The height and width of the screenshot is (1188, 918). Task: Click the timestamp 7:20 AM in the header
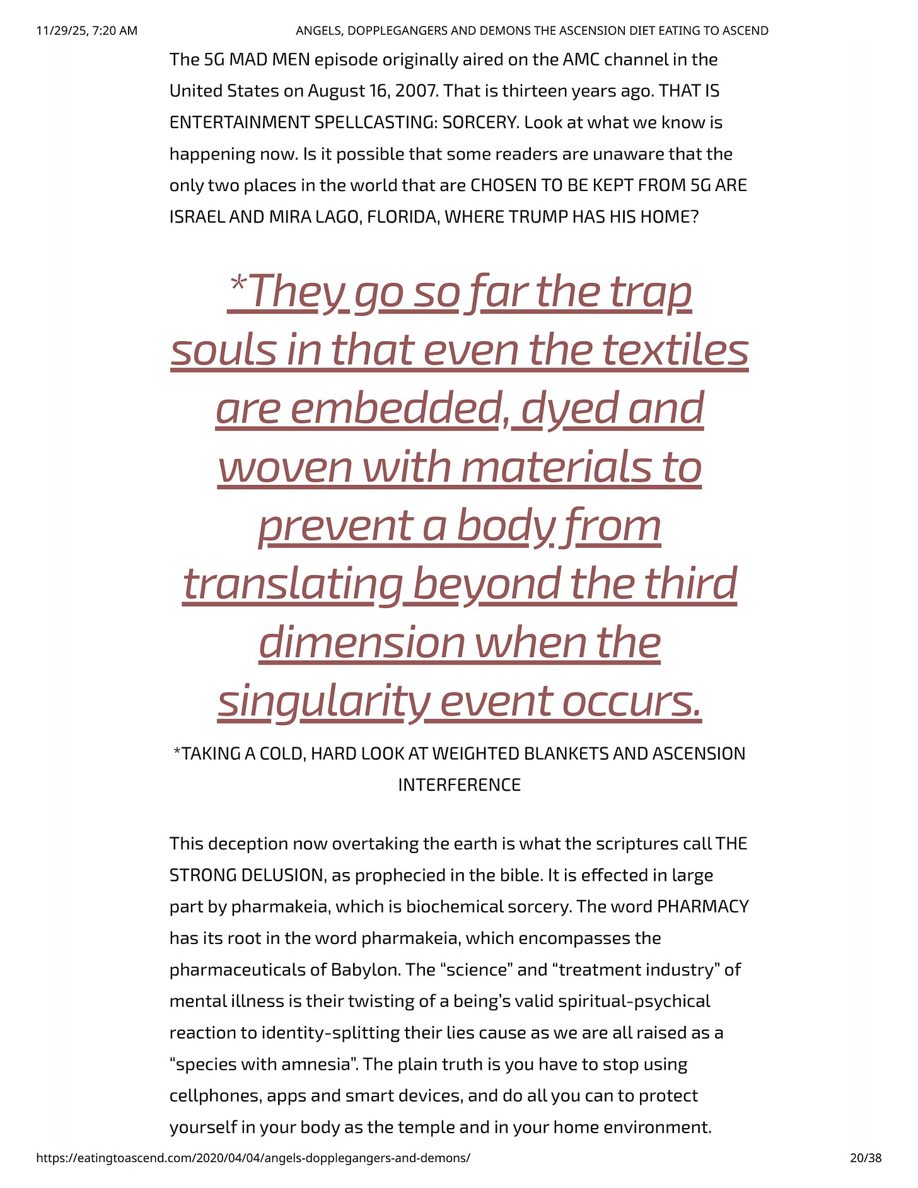(x=114, y=30)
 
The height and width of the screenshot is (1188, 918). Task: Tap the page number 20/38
(x=866, y=1158)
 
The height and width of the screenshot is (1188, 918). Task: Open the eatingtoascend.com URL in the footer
(x=253, y=1158)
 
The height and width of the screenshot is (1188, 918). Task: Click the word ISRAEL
(x=197, y=217)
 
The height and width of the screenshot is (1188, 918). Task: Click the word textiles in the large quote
(x=676, y=351)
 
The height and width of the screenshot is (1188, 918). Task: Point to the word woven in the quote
(x=285, y=467)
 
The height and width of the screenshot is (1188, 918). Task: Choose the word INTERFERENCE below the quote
(x=459, y=785)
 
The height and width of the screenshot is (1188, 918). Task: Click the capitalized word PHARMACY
(x=702, y=907)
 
